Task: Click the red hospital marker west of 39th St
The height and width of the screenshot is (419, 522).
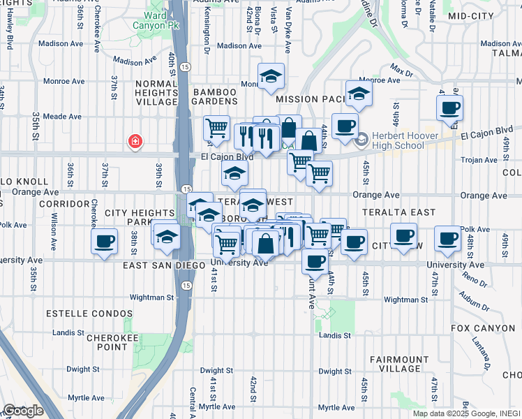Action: (135, 142)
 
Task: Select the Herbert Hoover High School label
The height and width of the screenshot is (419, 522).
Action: (398, 140)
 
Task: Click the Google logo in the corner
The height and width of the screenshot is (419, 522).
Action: (23, 411)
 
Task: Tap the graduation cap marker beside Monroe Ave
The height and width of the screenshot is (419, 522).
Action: (271, 77)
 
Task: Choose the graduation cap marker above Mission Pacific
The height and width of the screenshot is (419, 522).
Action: (359, 94)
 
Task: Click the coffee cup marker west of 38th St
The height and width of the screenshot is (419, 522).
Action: (104, 242)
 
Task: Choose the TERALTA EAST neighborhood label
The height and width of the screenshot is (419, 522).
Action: (399, 212)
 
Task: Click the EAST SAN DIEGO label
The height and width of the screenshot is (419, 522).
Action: (166, 266)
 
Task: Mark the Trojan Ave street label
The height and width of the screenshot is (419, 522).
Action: (477, 160)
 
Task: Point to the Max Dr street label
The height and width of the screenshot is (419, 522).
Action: (401, 71)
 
